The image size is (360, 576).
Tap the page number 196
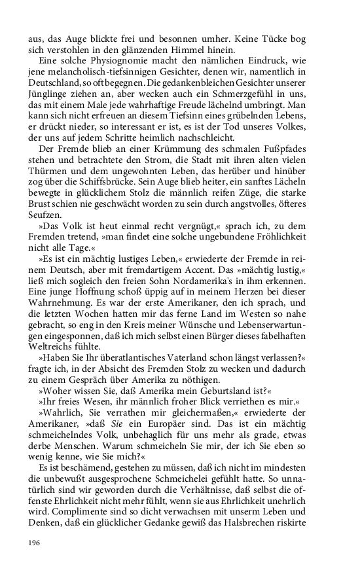[35, 541]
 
